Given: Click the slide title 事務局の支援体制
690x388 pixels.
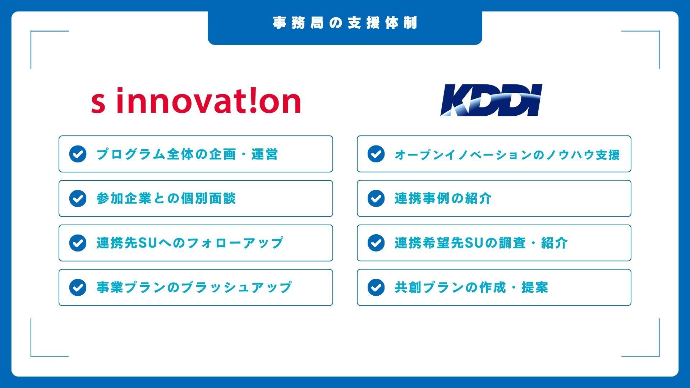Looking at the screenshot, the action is tap(345, 23).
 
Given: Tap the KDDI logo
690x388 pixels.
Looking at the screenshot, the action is tap(491, 100).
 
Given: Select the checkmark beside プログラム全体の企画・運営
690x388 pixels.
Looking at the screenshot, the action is tap(78, 154).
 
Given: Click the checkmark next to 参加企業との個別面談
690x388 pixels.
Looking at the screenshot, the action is tap(78, 199).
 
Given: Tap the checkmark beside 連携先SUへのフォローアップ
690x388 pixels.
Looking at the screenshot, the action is tap(78, 243).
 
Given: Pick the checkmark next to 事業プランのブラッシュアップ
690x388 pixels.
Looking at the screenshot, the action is tap(78, 287).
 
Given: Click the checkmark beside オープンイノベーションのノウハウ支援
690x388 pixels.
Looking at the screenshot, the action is tap(376, 154).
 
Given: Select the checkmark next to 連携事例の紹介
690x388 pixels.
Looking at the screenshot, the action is tap(376, 199).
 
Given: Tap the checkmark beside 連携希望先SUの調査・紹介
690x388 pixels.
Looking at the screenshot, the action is tap(376, 243).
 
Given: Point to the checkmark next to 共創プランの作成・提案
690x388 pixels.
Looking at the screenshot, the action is tap(376, 287).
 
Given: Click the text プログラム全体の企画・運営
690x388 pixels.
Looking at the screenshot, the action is tap(187, 154).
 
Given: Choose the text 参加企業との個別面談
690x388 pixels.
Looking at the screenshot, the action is tap(166, 199).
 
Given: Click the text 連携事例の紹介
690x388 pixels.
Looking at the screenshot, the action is tap(443, 199).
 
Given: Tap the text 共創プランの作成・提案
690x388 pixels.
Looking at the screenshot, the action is tap(471, 287).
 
